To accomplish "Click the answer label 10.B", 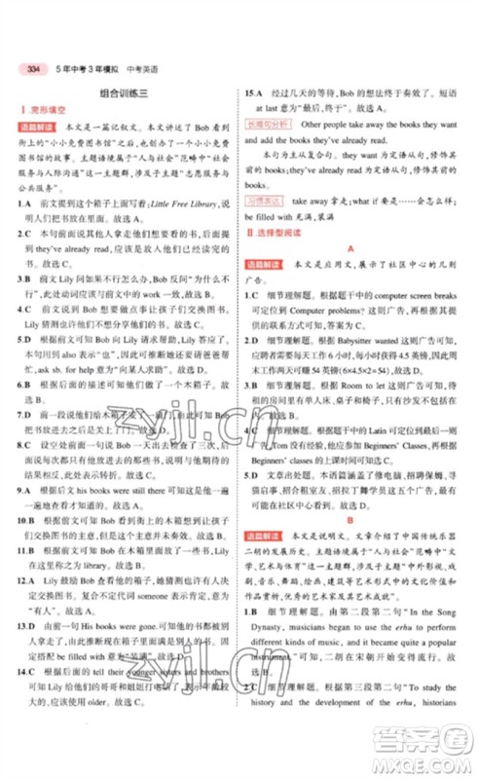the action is click(27, 522).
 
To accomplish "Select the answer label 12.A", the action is click(27, 578).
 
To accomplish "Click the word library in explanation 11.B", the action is click(125, 564).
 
